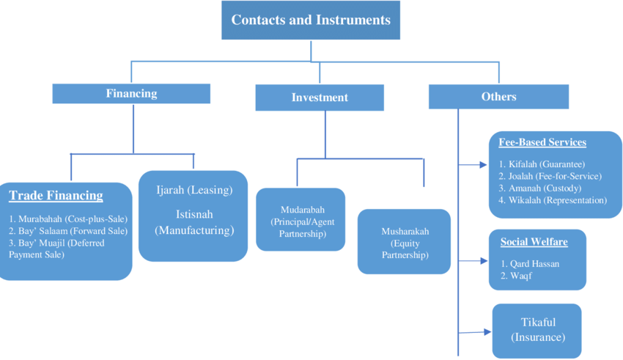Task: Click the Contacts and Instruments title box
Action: [x=311, y=21]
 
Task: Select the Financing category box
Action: [x=131, y=94]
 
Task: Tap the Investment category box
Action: [x=320, y=98]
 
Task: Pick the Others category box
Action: [x=498, y=97]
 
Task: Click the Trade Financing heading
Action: [x=56, y=196]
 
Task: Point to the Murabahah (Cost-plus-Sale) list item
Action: [x=67, y=218]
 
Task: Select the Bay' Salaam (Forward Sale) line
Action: [x=68, y=231]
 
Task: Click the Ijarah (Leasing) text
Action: [x=194, y=190]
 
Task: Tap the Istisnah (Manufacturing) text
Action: [x=194, y=222]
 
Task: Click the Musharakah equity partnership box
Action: [x=405, y=243]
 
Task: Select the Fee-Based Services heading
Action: [x=542, y=142]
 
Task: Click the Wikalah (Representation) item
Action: [x=553, y=200]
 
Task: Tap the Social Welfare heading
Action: [x=534, y=241]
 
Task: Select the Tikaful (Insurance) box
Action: [x=537, y=330]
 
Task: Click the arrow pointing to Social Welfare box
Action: [x=473, y=260]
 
